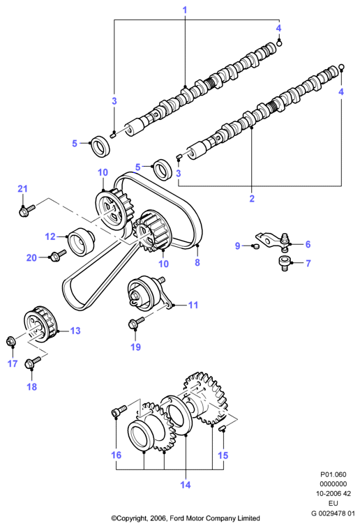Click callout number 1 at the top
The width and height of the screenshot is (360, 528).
[185, 10]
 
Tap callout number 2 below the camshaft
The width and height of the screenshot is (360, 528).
[252, 198]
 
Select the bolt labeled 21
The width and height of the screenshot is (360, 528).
[27, 211]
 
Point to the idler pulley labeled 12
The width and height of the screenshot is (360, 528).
[81, 241]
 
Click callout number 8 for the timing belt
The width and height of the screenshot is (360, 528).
[197, 262]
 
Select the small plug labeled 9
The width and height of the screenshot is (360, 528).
[256, 246]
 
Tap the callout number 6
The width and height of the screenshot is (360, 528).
[308, 244]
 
